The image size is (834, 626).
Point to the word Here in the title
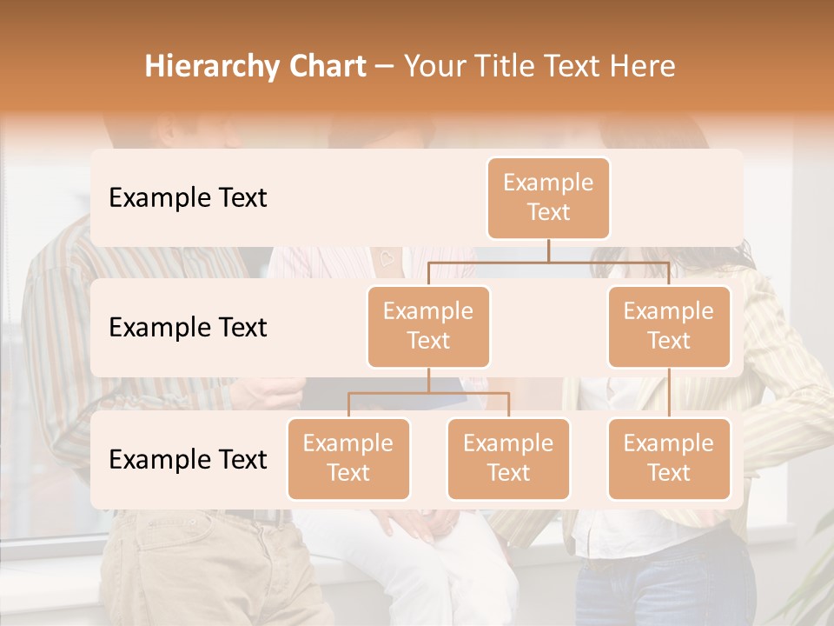click(642, 67)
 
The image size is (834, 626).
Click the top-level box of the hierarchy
click(548, 197)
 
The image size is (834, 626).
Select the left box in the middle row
click(428, 326)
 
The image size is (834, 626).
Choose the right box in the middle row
click(669, 326)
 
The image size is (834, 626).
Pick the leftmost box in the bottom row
click(348, 458)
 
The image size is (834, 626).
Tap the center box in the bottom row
click(508, 458)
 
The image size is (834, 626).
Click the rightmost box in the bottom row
click(669, 458)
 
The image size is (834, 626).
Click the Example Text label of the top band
click(188, 198)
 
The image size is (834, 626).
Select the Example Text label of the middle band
click(188, 328)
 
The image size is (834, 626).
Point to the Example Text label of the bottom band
click(188, 459)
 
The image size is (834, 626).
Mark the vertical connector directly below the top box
click(548, 250)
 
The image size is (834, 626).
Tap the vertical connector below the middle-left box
click(428, 380)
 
